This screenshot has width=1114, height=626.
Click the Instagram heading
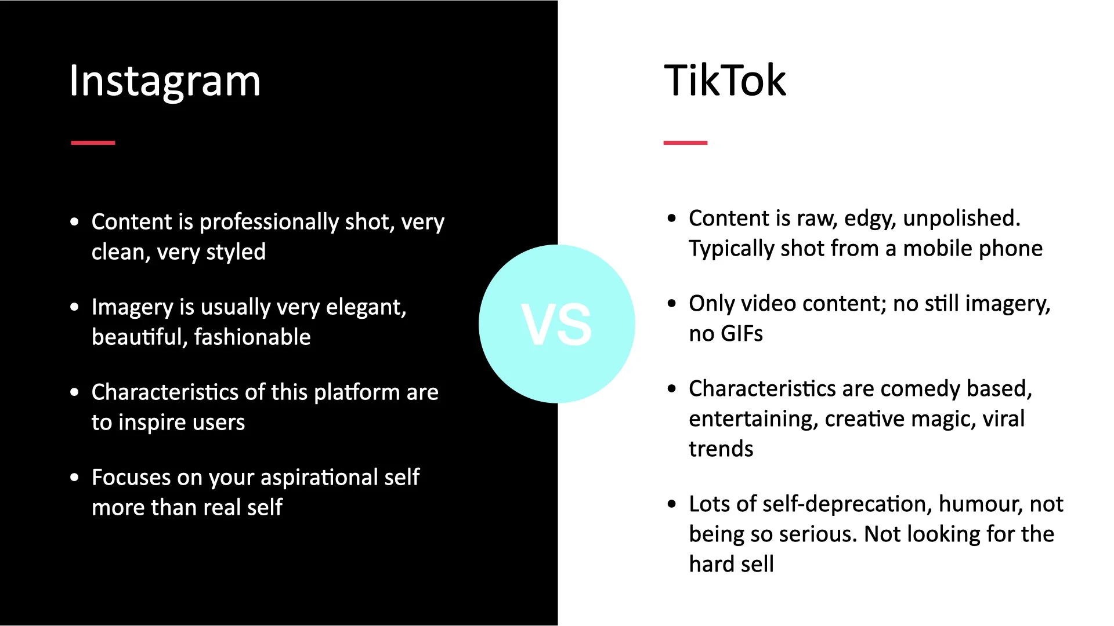pos(165,81)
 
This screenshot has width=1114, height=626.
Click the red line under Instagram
pos(93,143)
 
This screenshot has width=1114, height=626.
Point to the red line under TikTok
pos(685,143)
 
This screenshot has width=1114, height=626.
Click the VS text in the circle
pos(556,325)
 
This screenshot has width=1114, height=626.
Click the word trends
pos(721,449)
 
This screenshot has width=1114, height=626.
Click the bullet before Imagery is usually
pos(74,307)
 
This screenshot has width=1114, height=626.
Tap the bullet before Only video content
pos(672,304)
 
